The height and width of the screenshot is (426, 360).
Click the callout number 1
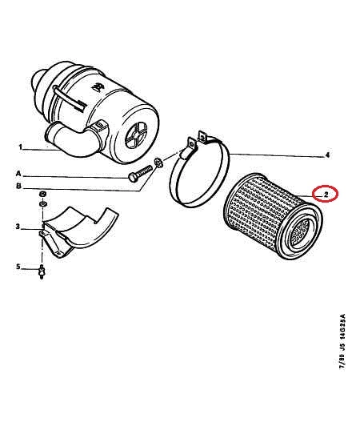coord(21,147)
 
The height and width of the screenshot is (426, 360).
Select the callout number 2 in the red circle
coord(326,195)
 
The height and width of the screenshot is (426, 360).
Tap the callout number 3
coord(18,227)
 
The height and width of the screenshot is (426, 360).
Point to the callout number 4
coord(327,155)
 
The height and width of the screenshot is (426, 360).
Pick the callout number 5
coord(18,267)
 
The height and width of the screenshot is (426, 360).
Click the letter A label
coord(18,173)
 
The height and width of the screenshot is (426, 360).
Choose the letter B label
coord(18,187)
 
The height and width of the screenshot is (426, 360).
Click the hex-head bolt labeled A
coord(140,175)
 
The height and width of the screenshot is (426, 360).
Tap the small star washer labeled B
coord(158,162)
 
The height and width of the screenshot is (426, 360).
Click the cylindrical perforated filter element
coord(273,216)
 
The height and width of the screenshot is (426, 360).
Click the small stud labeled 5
coord(42,271)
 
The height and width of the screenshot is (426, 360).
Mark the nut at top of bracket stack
coord(42,195)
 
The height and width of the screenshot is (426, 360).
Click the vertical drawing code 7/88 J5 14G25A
coord(342,341)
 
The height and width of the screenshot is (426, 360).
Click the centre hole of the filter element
coord(299,232)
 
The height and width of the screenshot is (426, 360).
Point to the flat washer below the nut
coord(42,203)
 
